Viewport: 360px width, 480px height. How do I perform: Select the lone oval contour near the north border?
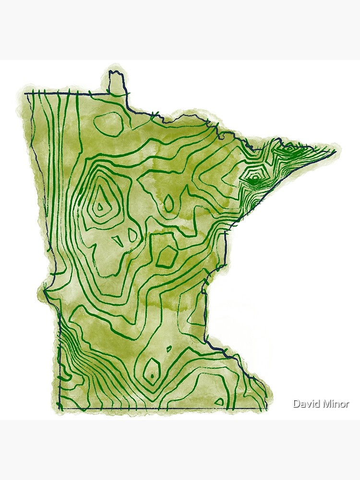pos(108,123)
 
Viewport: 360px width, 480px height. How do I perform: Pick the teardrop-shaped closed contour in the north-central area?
pos(169,203)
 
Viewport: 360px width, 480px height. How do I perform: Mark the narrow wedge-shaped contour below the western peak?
pos(118,240)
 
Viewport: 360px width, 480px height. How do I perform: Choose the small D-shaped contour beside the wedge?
pos(132,235)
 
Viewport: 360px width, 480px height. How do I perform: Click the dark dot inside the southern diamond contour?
pos(152,376)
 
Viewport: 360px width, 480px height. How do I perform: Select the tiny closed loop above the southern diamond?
pos(169,349)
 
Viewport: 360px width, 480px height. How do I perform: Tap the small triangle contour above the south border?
pos(219,401)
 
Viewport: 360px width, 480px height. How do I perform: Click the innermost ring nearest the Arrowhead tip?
pos(289,149)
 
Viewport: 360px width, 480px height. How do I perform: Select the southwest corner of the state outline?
pos(59,408)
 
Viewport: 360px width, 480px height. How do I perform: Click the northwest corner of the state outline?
pos(26,93)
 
